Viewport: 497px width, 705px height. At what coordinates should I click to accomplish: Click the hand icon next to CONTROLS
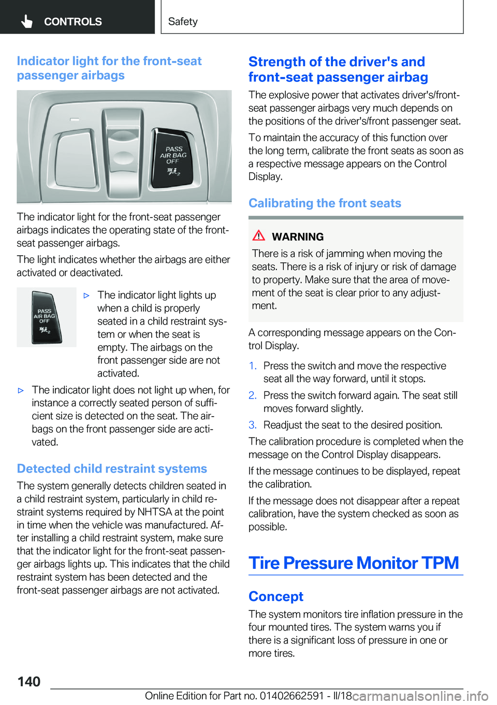27,21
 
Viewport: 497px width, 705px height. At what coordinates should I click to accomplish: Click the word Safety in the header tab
183,22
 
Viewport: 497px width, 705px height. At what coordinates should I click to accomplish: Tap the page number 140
29,681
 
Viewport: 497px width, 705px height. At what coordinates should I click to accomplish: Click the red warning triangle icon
259,236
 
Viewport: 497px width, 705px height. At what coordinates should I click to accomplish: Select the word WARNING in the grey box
298,237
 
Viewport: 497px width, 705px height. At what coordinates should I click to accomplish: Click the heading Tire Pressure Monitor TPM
354,563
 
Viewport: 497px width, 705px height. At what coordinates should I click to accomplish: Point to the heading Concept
276,596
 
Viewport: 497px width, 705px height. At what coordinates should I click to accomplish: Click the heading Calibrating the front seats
325,203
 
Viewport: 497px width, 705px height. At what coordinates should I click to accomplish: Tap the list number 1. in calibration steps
253,366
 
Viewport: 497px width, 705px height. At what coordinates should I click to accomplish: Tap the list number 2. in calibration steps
253,395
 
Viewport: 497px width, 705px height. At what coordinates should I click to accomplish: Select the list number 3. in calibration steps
253,425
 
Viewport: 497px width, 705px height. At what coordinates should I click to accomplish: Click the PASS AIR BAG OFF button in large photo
173,158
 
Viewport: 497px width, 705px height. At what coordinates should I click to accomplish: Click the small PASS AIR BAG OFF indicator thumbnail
46,317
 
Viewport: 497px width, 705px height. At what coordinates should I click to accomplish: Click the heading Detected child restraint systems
112,468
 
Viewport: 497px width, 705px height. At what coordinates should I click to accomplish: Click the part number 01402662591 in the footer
291,696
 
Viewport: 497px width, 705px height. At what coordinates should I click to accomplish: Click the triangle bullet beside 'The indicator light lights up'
86,296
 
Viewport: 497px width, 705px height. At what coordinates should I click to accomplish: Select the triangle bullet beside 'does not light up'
21,390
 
